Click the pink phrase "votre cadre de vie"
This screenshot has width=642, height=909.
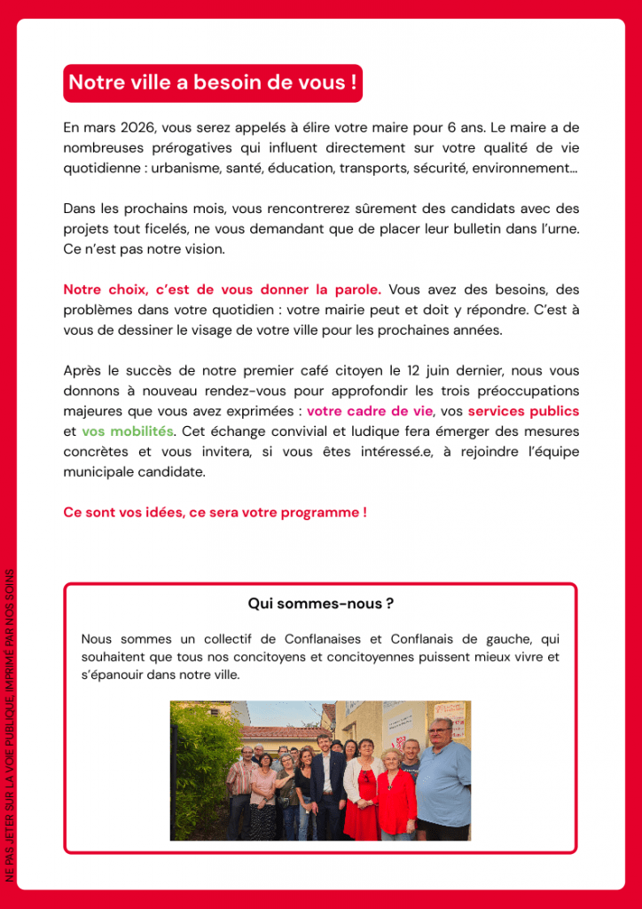coord(369,411)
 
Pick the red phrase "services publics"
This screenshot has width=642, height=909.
coord(523,411)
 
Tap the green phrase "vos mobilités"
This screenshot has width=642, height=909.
coord(128,431)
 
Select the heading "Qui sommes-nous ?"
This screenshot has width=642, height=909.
coord(320,604)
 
